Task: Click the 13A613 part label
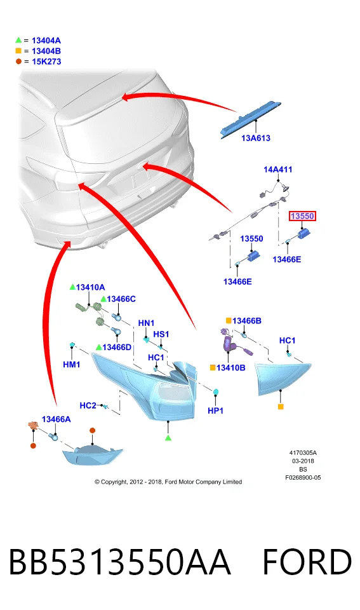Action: coord(255,138)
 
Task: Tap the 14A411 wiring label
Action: coord(277,169)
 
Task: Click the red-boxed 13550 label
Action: coord(302,216)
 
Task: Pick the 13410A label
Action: coord(90,287)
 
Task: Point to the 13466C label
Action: coord(121,299)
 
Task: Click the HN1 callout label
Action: coord(146,323)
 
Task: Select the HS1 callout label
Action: coord(161,334)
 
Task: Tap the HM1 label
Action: coord(72,365)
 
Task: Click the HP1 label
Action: coord(215,410)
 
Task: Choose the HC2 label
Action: coord(88,405)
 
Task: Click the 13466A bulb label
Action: coord(56,419)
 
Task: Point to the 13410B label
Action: coord(230,368)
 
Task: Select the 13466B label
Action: coord(246,320)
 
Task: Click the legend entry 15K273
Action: coord(46,62)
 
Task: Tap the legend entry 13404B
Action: coord(46,51)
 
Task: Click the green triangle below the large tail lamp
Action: coord(168,438)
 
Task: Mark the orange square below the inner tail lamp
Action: coord(281,407)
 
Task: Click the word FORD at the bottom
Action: coord(307,561)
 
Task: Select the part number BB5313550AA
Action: coord(119,561)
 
